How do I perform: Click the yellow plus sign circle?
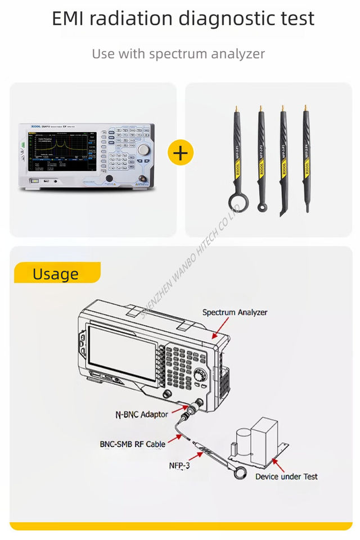pos(181,152)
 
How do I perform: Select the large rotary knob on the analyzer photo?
pos(145,150)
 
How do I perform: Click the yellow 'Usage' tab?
pos(56,273)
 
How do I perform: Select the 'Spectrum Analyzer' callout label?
pos(235,312)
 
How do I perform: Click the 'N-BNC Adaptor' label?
pos(141,415)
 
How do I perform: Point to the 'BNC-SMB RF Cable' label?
pos(133,444)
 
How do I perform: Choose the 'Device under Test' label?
pos(286,476)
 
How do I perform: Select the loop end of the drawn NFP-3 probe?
pos(241,473)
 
